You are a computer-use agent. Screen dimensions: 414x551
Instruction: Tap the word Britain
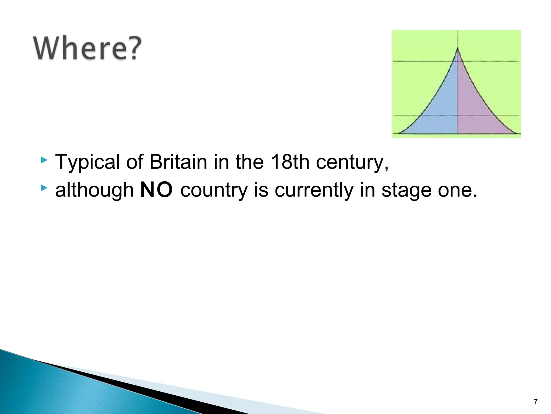(x=178, y=162)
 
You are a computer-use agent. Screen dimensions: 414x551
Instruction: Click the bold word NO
(x=156, y=190)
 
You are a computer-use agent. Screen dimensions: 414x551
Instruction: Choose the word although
(x=94, y=190)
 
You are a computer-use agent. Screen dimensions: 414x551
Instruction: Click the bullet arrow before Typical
(x=44, y=160)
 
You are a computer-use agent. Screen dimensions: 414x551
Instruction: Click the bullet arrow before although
(x=44, y=188)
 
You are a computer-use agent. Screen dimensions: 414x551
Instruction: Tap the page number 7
(x=535, y=402)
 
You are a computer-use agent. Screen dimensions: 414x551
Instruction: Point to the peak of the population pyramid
(x=458, y=49)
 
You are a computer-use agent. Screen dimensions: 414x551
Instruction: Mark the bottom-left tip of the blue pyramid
(x=399, y=133)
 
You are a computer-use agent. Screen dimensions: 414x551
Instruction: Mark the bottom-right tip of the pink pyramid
(x=515, y=133)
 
